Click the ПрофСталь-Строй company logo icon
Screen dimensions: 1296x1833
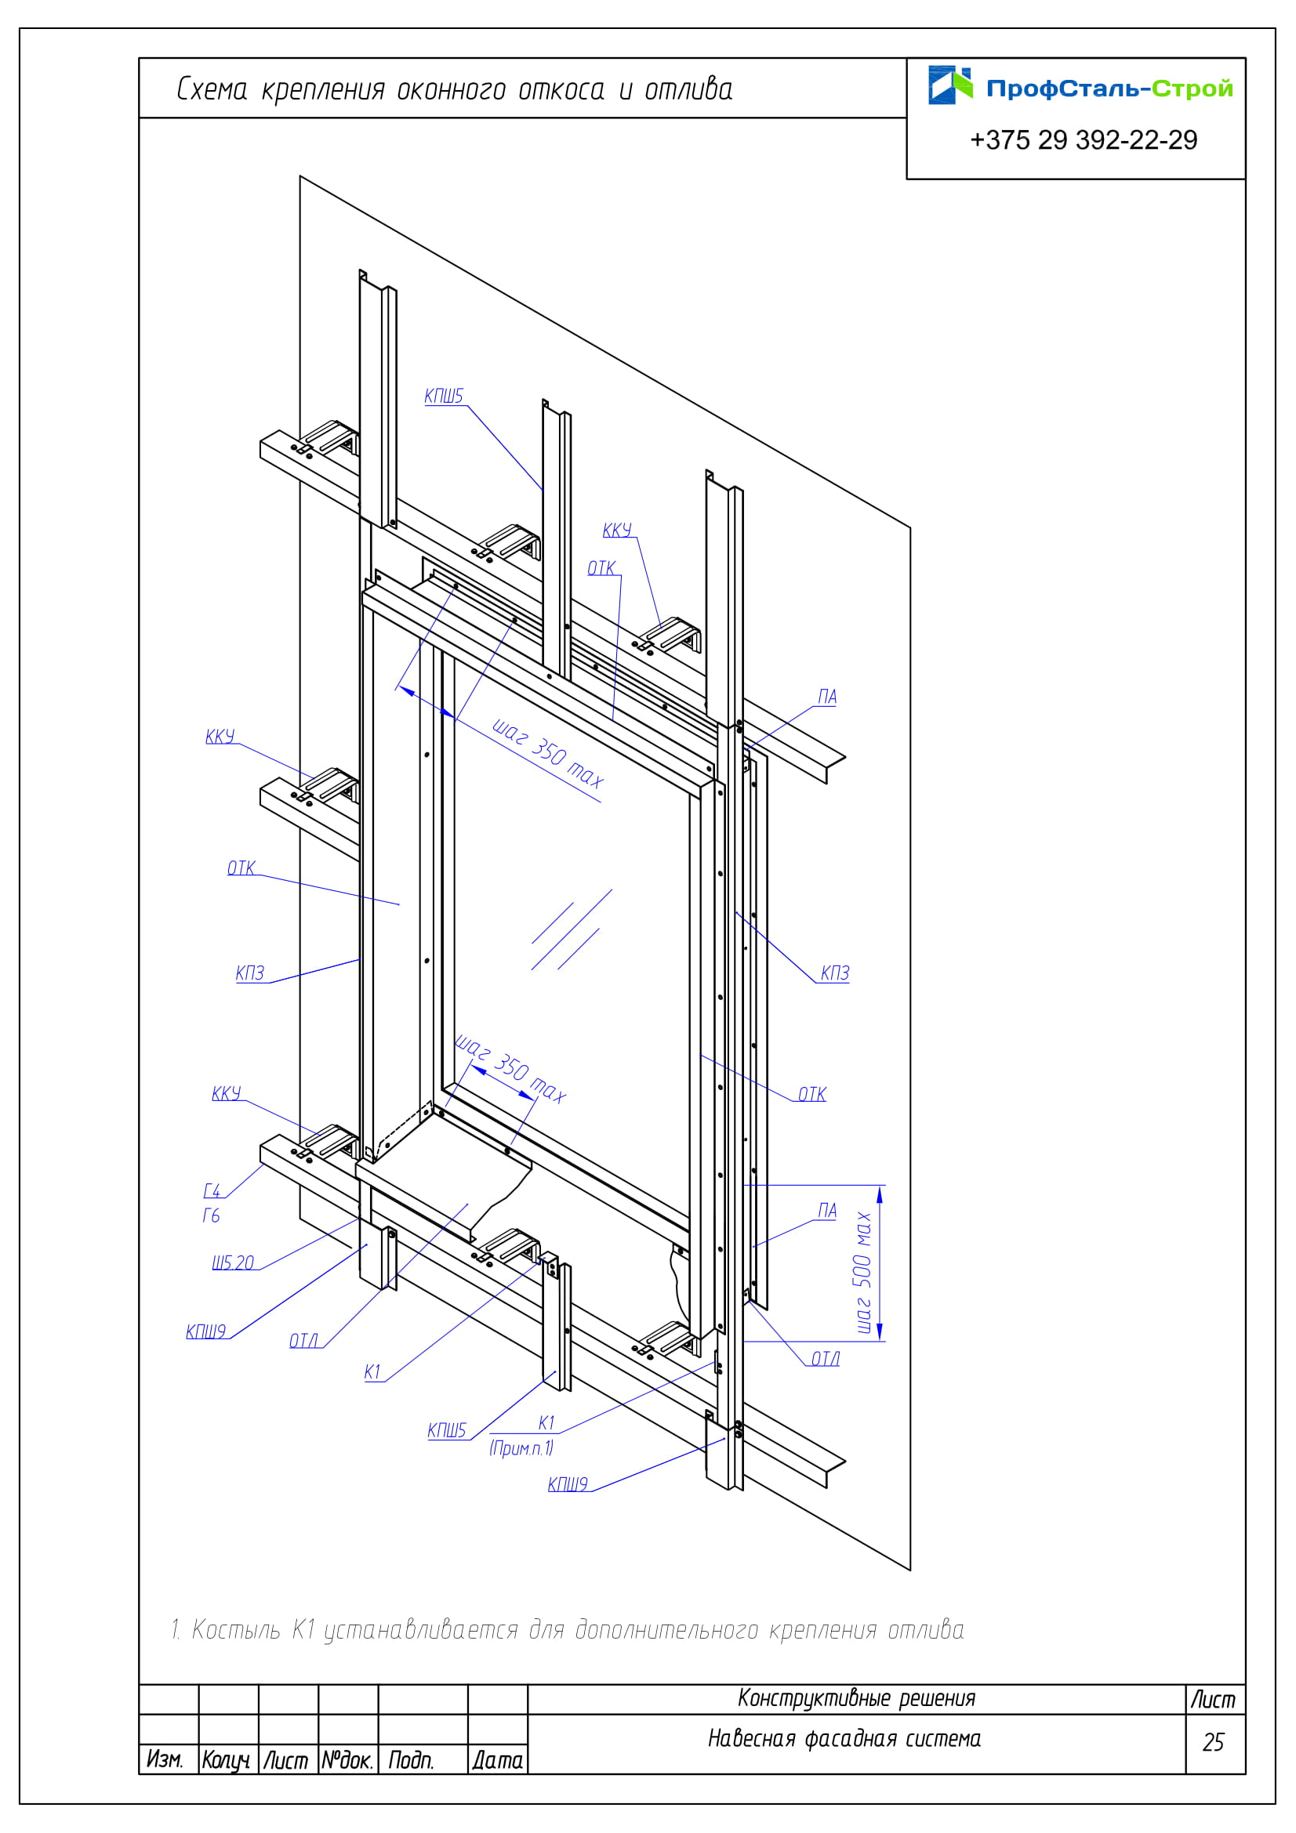click(950, 85)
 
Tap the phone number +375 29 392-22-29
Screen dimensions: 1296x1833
click(1084, 140)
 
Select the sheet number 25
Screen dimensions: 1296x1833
click(1213, 1742)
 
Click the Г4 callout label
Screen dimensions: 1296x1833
click(212, 1190)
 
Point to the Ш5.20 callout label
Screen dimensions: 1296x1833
click(232, 1262)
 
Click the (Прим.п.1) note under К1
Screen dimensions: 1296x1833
click(521, 1447)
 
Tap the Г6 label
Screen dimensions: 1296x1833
click(211, 1215)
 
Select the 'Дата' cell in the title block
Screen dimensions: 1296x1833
click(498, 1760)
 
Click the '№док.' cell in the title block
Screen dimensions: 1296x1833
click(347, 1760)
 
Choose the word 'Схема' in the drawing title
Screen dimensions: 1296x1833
click(212, 89)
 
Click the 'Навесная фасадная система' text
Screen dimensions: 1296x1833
click(844, 1739)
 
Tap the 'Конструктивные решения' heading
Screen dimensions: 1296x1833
click(857, 1698)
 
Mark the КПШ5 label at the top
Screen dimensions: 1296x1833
click(444, 396)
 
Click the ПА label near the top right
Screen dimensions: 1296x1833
click(827, 696)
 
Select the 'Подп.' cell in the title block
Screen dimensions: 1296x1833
click(412, 1760)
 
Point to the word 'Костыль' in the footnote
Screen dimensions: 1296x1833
click(236, 1629)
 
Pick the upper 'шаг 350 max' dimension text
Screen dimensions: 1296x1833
click(548, 753)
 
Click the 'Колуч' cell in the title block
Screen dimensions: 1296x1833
click(226, 1760)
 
